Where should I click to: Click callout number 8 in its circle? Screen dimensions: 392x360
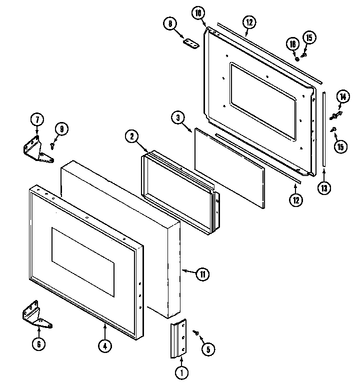[170, 23]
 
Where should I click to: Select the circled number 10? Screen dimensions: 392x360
[199, 13]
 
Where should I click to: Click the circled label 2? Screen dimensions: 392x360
[131, 136]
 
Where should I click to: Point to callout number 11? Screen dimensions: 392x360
[202, 273]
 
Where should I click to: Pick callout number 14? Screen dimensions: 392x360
[342, 97]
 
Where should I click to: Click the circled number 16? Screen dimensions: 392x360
[293, 44]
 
